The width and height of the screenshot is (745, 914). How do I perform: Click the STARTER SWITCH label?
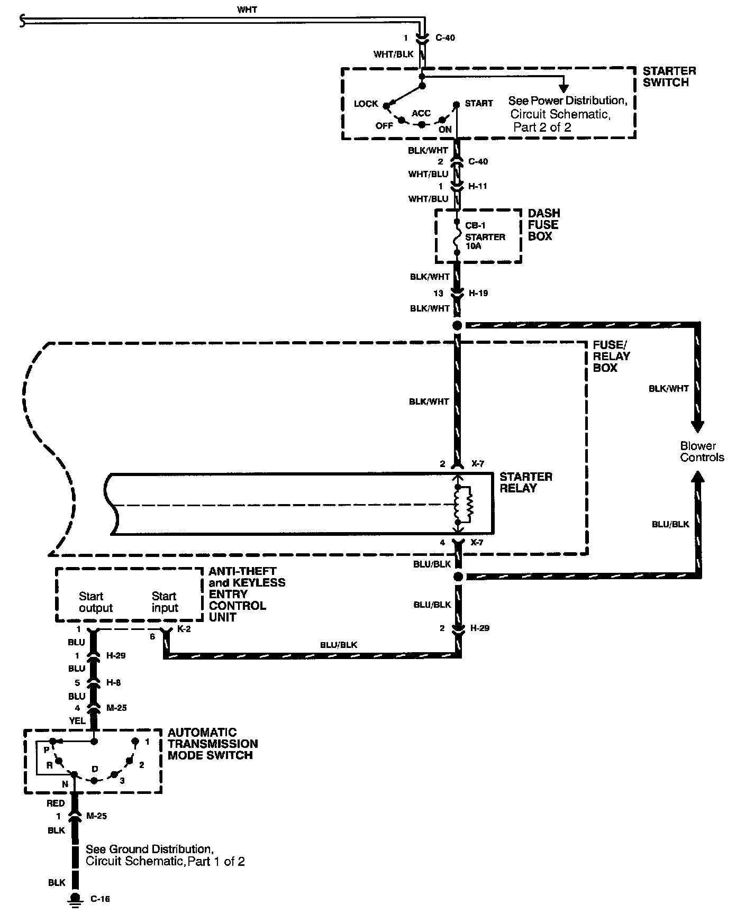coord(669,77)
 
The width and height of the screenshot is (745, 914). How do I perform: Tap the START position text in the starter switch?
coord(478,104)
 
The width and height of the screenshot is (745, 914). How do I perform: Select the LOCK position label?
coord(366,104)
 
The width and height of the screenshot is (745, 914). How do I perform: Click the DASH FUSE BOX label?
coord(543,225)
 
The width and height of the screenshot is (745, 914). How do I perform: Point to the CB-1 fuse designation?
coord(475,226)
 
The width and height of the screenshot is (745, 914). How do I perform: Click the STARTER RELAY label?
coord(525,482)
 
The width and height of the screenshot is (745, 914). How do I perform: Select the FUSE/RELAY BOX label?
coord(611,356)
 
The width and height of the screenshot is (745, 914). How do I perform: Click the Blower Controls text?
coord(702,452)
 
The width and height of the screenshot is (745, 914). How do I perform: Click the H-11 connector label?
coord(477,186)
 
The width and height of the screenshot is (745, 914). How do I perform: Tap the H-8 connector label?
coord(113,683)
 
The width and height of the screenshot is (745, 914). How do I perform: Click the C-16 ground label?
coord(100,899)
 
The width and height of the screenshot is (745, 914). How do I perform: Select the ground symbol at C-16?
coord(75,899)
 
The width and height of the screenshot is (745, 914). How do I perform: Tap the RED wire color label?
coord(56,803)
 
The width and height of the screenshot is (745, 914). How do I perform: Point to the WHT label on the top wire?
coord(247,10)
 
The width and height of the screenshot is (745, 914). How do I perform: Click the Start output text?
coord(96,602)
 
